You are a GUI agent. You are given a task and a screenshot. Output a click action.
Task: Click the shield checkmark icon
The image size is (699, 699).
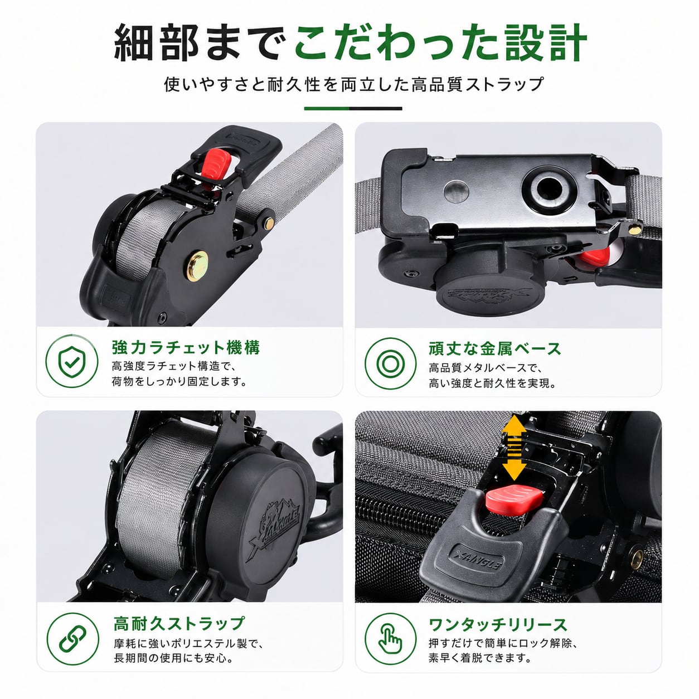[x=72, y=362]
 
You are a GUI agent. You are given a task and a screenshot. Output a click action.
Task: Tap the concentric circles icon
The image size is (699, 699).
[x=390, y=363]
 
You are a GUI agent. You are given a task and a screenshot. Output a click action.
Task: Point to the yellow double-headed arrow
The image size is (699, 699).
[x=514, y=448]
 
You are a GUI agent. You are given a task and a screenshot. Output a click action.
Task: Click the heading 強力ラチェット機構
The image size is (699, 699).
[x=186, y=347]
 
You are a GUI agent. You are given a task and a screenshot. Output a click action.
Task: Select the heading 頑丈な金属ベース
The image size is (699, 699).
[x=495, y=348]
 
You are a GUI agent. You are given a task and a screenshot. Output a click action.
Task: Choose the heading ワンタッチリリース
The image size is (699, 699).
[x=498, y=625]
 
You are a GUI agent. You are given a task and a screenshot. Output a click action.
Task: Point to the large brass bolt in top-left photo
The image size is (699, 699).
[x=197, y=266]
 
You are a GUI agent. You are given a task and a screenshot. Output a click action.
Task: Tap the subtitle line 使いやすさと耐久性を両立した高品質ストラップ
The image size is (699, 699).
[x=353, y=84]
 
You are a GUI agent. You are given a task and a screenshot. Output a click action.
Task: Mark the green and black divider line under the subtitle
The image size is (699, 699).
[x=353, y=108]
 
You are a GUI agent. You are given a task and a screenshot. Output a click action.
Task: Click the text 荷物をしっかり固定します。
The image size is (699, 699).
[x=179, y=381]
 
